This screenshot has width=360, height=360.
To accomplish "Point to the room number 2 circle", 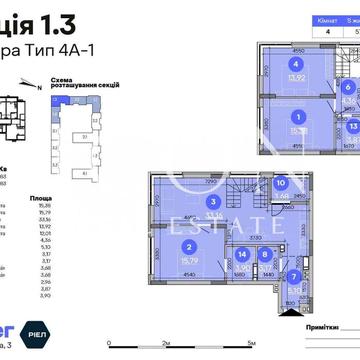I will (x=187, y=248).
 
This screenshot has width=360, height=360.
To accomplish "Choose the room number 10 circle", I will (x=281, y=183).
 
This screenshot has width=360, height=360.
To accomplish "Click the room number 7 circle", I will (x=294, y=277).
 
